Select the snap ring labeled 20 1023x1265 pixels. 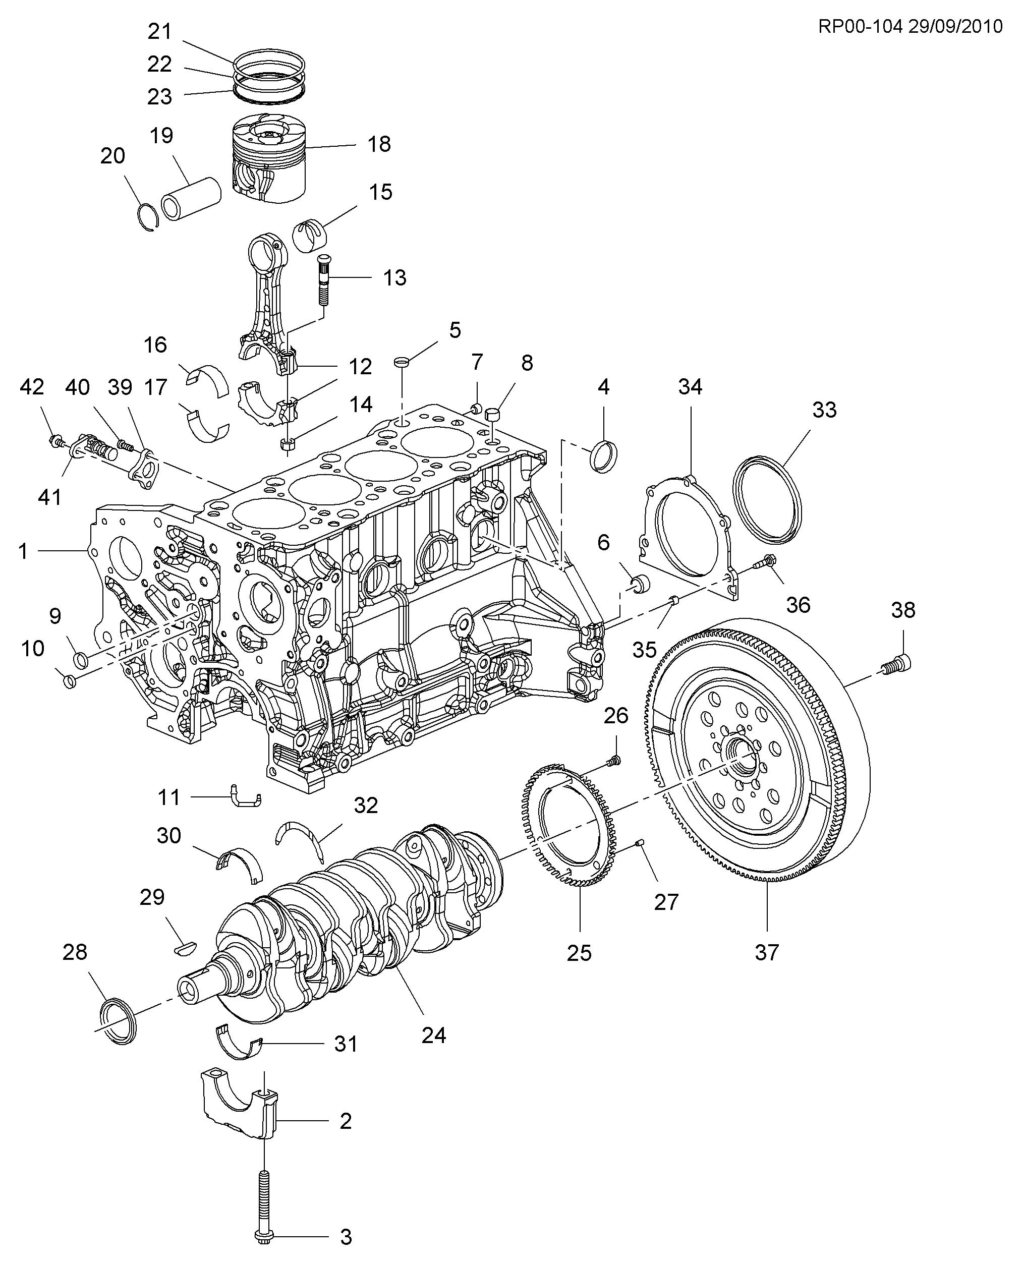148,217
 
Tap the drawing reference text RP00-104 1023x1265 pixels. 860,27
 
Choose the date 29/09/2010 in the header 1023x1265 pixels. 954,27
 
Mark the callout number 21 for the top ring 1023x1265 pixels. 159,31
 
